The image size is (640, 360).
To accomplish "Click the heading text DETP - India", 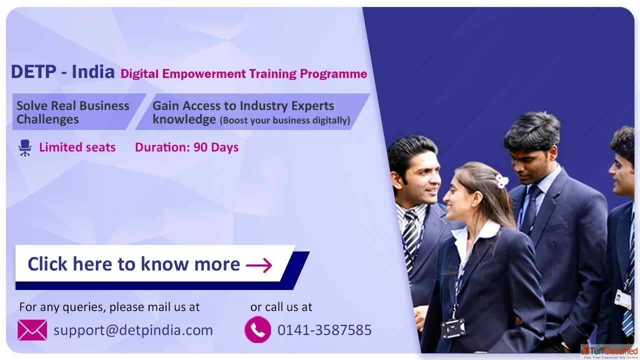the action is (x=62, y=71).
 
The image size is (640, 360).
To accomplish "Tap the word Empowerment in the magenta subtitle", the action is (x=204, y=74).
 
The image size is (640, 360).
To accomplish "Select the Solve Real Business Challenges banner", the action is (x=79, y=112).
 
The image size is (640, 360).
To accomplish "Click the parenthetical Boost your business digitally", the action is (x=285, y=120).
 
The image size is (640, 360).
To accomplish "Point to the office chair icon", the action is (x=25, y=147).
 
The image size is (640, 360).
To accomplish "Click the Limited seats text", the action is (x=77, y=147).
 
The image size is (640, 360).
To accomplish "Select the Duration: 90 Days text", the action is (x=186, y=147).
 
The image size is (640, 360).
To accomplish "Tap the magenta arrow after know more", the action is (x=259, y=265).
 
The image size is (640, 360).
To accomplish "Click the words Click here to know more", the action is (x=133, y=263).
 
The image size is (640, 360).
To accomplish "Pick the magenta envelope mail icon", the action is (x=32, y=330).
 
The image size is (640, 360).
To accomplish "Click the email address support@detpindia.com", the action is (x=133, y=330).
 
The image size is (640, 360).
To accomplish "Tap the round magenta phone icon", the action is (x=257, y=329).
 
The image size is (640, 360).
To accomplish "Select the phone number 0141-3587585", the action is (x=324, y=330).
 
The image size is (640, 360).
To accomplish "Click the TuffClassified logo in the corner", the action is (x=609, y=351).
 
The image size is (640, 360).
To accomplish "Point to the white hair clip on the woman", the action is (x=501, y=181).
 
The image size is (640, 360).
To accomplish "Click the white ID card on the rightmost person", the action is (x=622, y=299).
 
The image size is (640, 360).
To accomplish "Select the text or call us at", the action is (x=281, y=307).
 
